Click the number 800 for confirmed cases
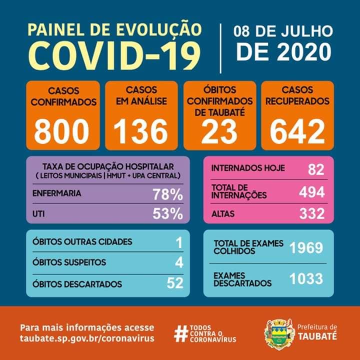(x=61, y=131)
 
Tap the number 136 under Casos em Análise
(x=141, y=131)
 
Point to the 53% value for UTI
(x=167, y=214)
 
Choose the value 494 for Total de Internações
(x=311, y=191)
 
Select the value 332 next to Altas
(x=311, y=214)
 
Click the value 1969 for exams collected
(x=306, y=247)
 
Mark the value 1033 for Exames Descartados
(x=306, y=278)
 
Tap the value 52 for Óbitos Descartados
(x=175, y=283)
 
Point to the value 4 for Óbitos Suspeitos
(x=179, y=262)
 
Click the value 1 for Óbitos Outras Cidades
(x=179, y=242)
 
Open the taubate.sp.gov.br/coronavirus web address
(x=87, y=338)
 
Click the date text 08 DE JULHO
(x=283, y=31)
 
